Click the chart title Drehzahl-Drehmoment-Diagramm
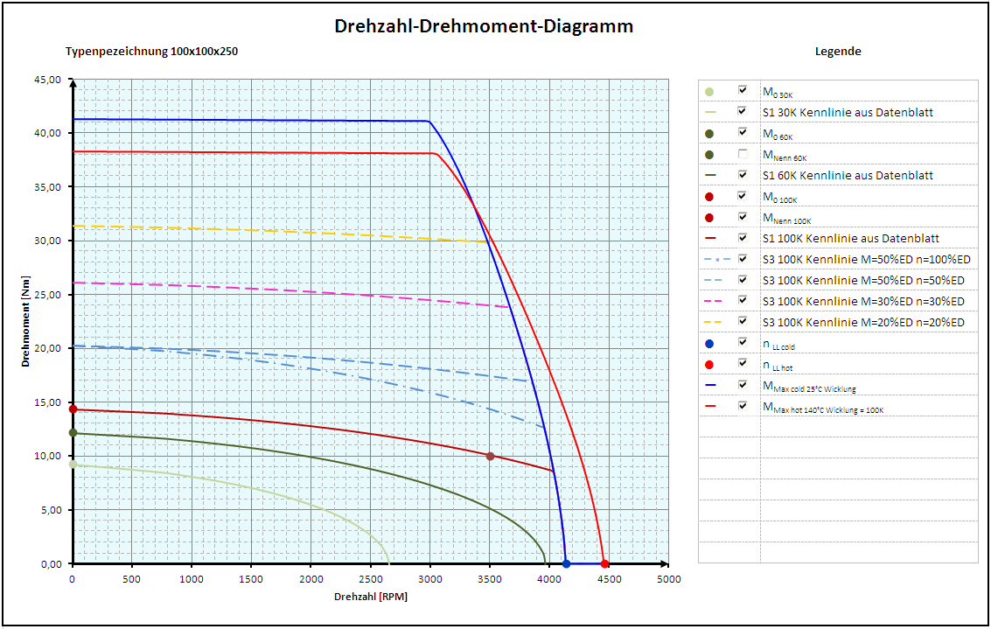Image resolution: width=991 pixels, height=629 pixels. point(484,26)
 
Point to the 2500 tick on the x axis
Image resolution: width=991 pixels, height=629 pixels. point(371,579)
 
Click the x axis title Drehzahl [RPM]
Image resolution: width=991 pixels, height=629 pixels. point(371,597)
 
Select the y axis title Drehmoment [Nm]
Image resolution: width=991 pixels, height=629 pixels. point(26,322)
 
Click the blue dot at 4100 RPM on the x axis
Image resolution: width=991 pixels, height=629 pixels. point(567,563)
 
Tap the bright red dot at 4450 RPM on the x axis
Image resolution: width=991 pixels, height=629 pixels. point(604,563)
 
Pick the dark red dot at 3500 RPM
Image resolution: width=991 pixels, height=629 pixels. point(490,456)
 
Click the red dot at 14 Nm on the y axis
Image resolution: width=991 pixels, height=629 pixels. point(73,409)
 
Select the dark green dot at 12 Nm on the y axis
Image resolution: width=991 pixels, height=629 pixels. point(73,433)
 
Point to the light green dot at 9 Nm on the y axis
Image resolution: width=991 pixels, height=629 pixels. point(73,465)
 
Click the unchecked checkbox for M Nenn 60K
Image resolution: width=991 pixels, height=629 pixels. point(743,154)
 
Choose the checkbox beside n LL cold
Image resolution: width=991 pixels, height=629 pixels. point(743,343)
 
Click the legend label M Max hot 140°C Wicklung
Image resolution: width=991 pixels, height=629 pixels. point(822,407)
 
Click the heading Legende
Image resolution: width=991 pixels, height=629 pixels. point(838,51)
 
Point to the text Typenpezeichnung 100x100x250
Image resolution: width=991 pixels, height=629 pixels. point(151,51)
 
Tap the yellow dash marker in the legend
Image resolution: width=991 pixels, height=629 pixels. point(710,322)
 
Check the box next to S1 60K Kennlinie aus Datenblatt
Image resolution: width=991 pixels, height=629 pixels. point(743,175)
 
